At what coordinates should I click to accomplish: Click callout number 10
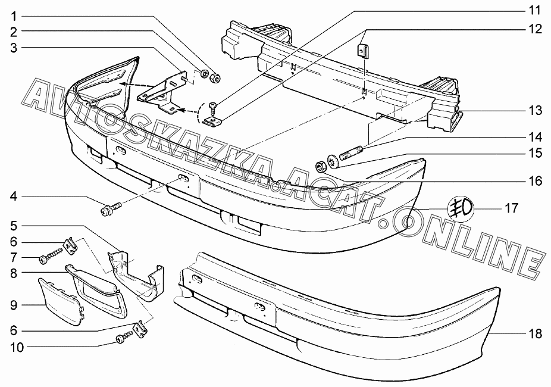click(16, 346)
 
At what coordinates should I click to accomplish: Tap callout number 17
click(512, 208)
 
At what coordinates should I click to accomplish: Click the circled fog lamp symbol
click(460, 208)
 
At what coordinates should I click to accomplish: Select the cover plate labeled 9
click(61, 301)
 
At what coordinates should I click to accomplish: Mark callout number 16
click(535, 180)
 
